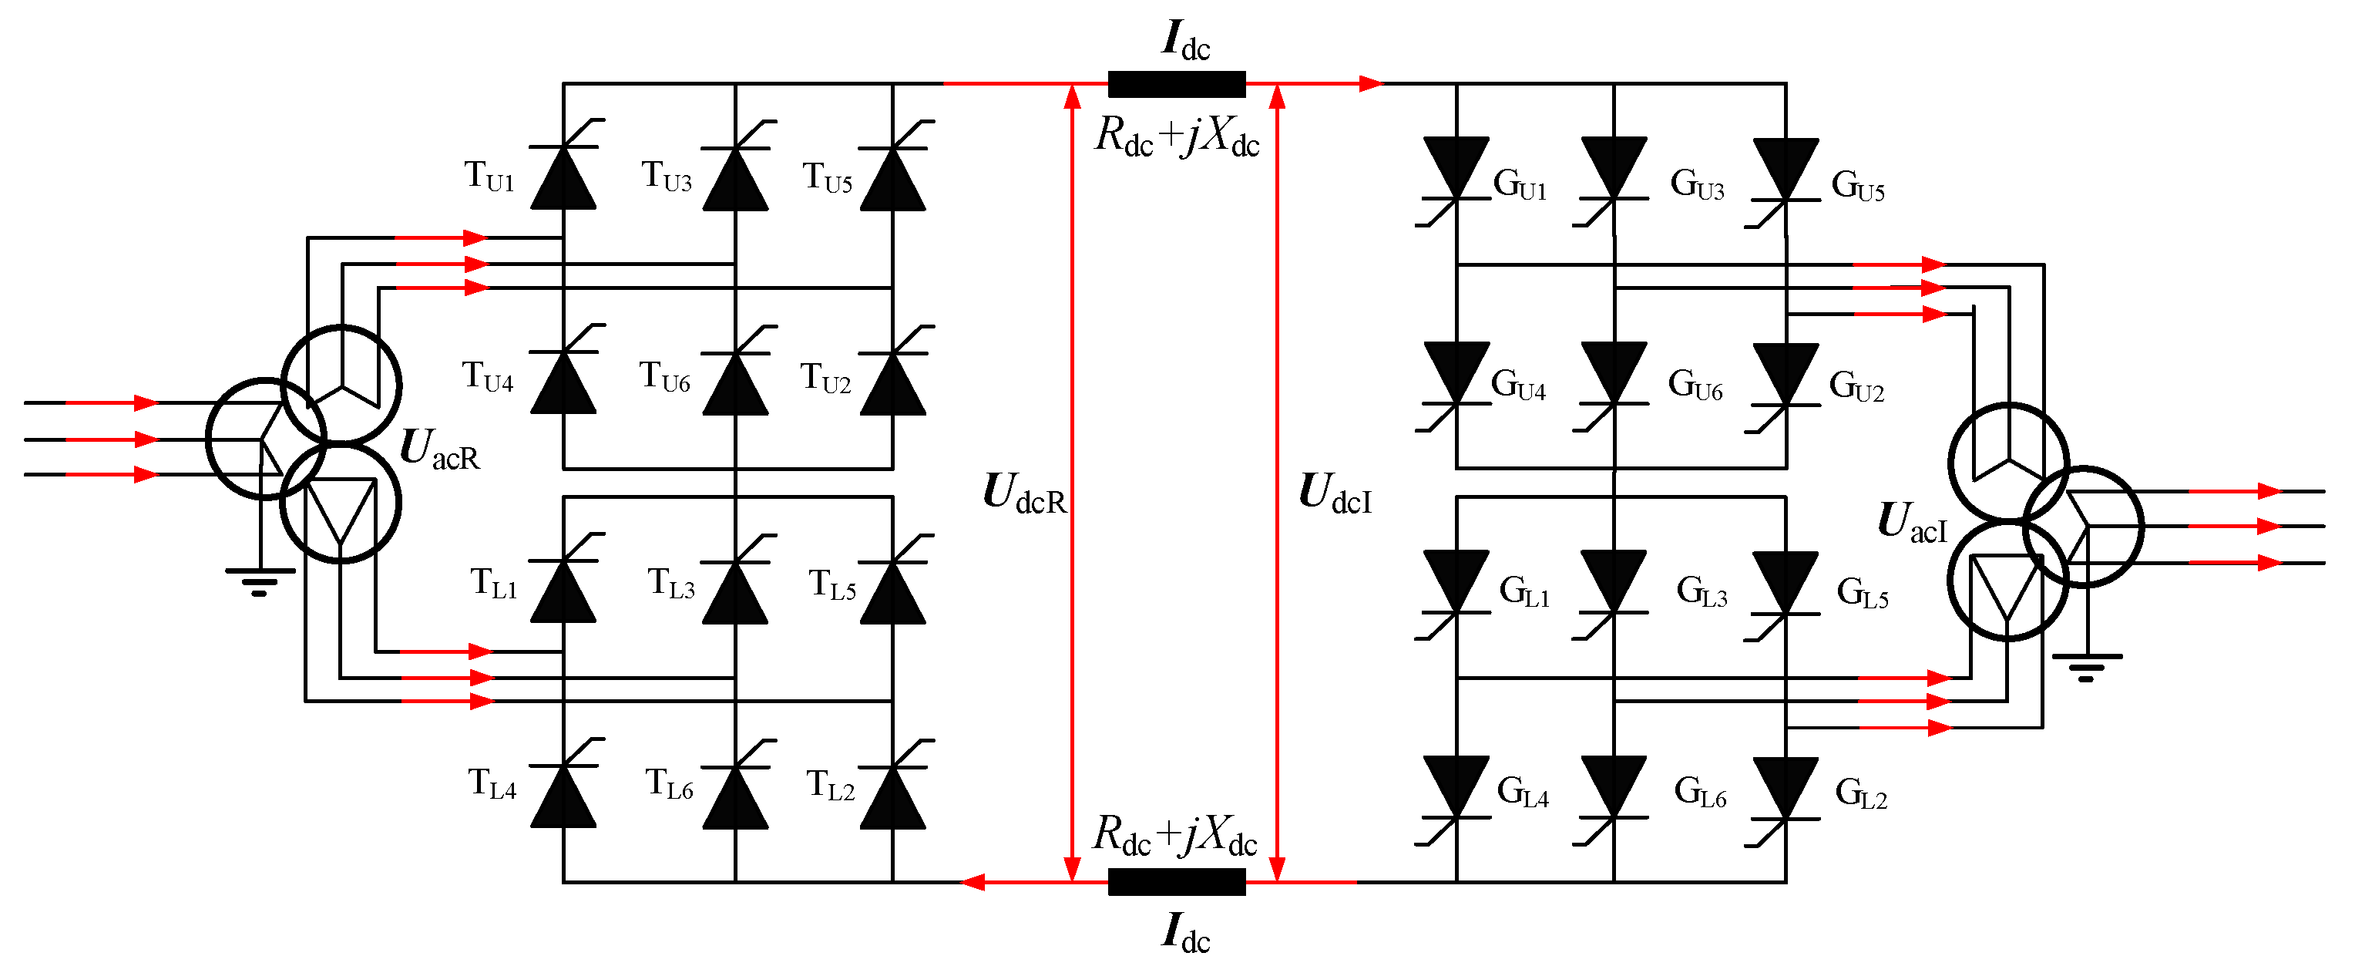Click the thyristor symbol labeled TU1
click(x=563, y=177)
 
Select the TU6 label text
click(x=664, y=377)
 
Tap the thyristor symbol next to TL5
click(x=892, y=591)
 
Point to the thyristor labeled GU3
click(x=1614, y=169)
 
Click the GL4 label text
click(x=1522, y=791)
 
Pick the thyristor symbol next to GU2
click(x=1786, y=375)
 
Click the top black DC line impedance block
click(x=1177, y=84)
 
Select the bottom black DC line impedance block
click(x=1177, y=881)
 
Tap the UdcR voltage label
click(x=1024, y=493)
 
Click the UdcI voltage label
click(x=1335, y=493)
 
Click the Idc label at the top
click(x=1186, y=40)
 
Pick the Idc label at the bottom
click(x=1186, y=933)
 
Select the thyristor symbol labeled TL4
click(x=563, y=796)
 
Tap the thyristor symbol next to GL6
click(x=1614, y=787)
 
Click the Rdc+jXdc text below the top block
click(x=1177, y=136)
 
